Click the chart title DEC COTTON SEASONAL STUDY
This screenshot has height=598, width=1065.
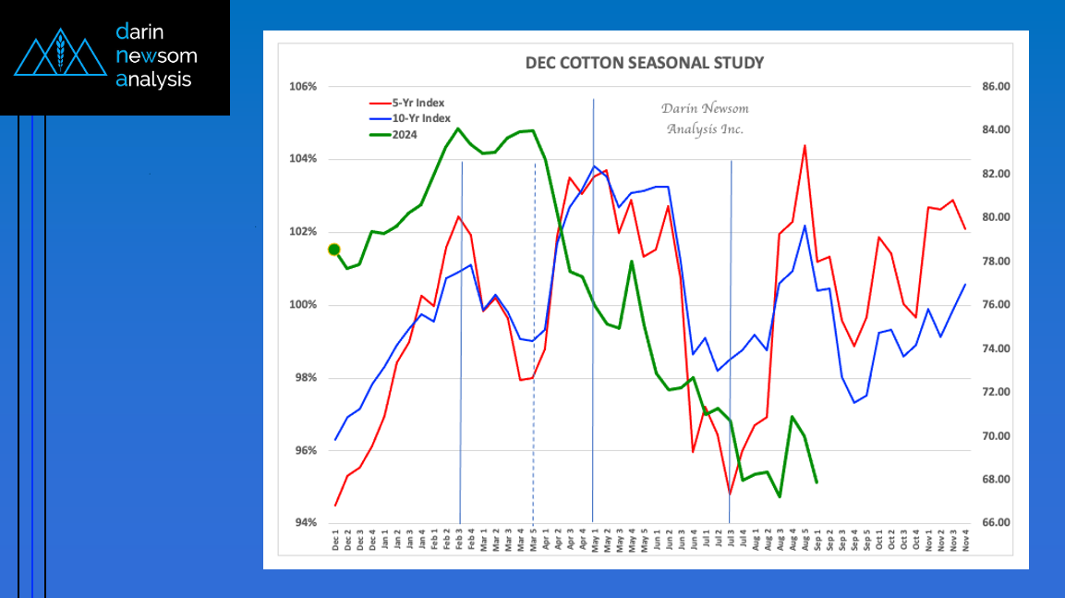coord(644,63)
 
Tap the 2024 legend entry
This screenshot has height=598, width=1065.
coord(403,134)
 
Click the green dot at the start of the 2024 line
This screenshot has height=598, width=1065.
coord(334,250)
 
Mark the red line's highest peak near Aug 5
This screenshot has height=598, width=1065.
coord(805,146)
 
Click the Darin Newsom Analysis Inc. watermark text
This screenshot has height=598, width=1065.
coord(705,118)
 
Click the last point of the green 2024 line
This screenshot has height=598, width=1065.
coord(817,482)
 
